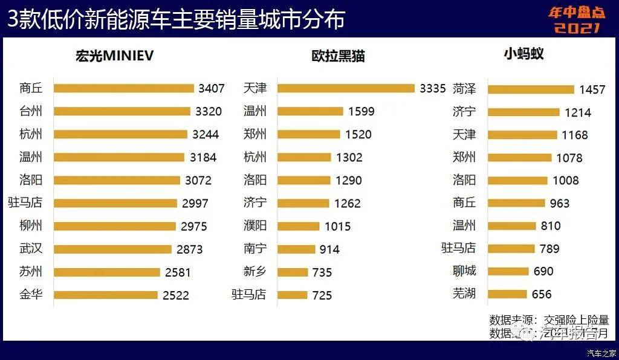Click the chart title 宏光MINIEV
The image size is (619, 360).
pyautogui.click(x=114, y=56)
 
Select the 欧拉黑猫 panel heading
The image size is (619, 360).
pyautogui.click(x=338, y=56)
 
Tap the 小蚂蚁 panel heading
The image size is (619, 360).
pyautogui.click(x=523, y=54)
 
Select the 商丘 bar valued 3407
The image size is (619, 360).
pyautogui.click(x=123, y=88)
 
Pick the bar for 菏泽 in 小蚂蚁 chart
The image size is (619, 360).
pyautogui.click(x=531, y=89)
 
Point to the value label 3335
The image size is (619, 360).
pyautogui.click(x=433, y=89)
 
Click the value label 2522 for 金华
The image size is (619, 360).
pyautogui.click(x=177, y=295)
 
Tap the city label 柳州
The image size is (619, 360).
pyautogui.click(x=31, y=226)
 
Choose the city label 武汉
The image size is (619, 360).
pyautogui.click(x=31, y=249)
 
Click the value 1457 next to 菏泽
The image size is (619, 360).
pyautogui.click(x=592, y=89)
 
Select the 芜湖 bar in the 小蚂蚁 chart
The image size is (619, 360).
pyautogui.click(x=507, y=295)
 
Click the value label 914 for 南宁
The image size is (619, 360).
pyautogui.click(x=329, y=249)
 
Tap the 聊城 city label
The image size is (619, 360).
pyautogui.click(x=464, y=271)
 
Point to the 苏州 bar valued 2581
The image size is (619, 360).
pyautogui.click(x=106, y=272)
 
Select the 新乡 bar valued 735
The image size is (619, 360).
pyautogui.click(x=293, y=272)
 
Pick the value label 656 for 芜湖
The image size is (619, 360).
pyautogui.click(x=542, y=295)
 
